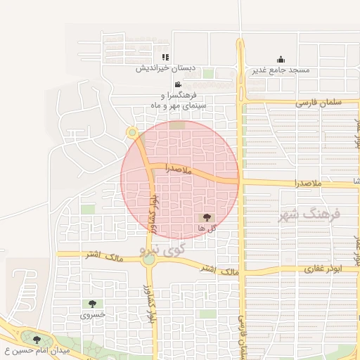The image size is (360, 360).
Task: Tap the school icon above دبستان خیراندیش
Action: click(x=165, y=57)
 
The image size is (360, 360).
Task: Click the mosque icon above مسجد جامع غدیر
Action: click(x=281, y=59)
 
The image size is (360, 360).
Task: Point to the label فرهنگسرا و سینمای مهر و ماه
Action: click(x=173, y=100)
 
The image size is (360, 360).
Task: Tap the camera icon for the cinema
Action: click(x=167, y=84)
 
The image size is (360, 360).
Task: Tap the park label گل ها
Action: click(x=206, y=229)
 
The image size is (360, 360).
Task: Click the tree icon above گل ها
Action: click(x=206, y=218)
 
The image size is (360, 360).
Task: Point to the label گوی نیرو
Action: click(x=162, y=249)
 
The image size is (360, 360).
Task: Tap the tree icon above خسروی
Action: click(x=92, y=304)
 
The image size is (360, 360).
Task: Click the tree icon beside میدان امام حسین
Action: click(x=37, y=340)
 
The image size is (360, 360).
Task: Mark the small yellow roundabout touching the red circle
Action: click(x=131, y=132)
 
